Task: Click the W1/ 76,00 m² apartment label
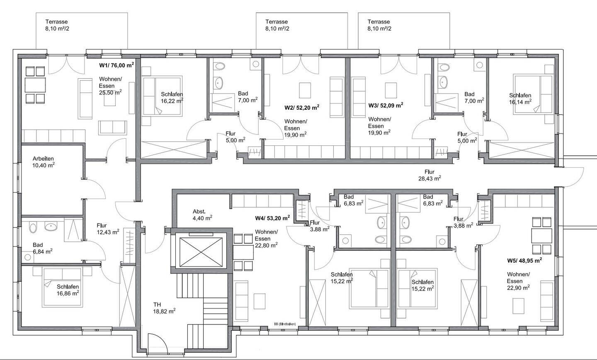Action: pyautogui.click(x=116, y=65)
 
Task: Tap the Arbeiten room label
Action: pyautogui.click(x=43, y=158)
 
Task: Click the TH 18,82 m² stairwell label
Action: pyautogui.click(x=164, y=308)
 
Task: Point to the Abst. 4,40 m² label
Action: pyautogui.click(x=202, y=215)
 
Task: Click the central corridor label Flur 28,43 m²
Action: pyautogui.click(x=430, y=175)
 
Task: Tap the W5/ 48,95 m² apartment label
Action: pyautogui.click(x=524, y=261)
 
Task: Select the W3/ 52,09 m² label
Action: pyautogui.click(x=386, y=105)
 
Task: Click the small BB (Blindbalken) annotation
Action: pyautogui.click(x=285, y=324)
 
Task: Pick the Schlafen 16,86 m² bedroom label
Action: pyautogui.click(x=68, y=290)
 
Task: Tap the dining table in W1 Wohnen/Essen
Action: pyautogui.click(x=36, y=85)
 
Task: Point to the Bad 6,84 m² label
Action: pyautogui.click(x=43, y=248)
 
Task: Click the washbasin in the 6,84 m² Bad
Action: pyautogui.click(x=51, y=227)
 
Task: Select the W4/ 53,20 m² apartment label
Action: pyautogui.click(x=272, y=218)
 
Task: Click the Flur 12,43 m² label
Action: pyautogui.click(x=108, y=229)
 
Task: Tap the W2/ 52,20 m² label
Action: pyautogui.click(x=302, y=107)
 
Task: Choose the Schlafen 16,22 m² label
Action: pyautogui.click(x=172, y=97)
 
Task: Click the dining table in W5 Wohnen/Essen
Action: pyautogui.click(x=541, y=236)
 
